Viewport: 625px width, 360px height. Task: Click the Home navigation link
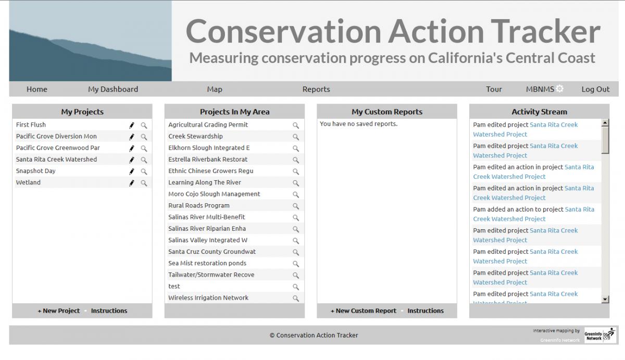click(37, 89)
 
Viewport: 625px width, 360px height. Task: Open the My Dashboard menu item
click(113, 89)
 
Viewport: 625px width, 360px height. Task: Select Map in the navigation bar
click(215, 89)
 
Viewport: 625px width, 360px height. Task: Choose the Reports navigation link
click(316, 89)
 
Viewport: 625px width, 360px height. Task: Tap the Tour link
click(494, 89)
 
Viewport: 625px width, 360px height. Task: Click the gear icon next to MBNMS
click(559, 89)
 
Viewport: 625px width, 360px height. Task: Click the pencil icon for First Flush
click(132, 126)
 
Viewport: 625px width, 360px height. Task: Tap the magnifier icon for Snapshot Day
click(144, 171)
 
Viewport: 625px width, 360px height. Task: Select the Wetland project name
click(28, 182)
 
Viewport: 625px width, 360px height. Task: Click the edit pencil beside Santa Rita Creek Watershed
click(132, 160)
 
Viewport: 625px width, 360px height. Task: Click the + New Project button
click(59, 311)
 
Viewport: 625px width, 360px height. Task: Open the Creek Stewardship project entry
click(196, 136)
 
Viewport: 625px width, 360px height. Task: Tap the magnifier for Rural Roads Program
click(296, 206)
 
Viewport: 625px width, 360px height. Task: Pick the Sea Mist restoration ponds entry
click(207, 263)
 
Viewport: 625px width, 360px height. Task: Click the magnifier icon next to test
click(296, 287)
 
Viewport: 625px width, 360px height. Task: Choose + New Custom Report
click(364, 311)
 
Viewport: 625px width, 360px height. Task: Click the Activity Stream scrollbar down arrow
click(605, 299)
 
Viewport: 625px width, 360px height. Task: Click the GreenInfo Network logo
click(600, 335)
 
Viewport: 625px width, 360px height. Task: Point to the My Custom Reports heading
click(387, 111)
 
